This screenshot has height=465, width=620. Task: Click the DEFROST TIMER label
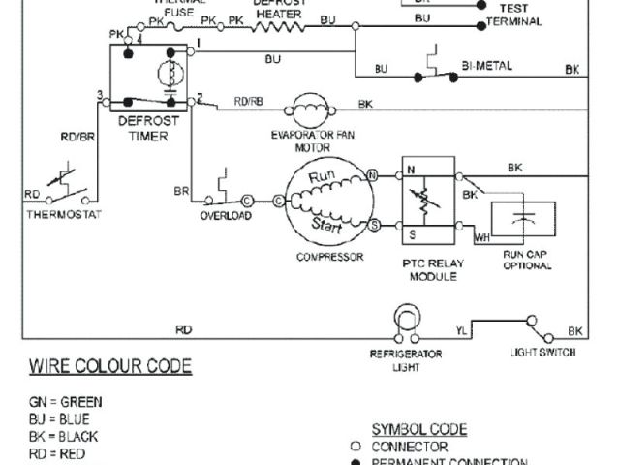pyautogui.click(x=142, y=129)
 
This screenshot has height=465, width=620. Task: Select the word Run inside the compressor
pyautogui.click(x=321, y=177)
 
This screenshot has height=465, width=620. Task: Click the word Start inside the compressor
pyautogui.click(x=325, y=224)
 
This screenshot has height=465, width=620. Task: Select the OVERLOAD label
pyautogui.click(x=226, y=216)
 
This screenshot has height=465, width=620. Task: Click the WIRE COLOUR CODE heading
pyautogui.click(x=109, y=366)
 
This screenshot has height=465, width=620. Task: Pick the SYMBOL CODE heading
pyautogui.click(x=419, y=429)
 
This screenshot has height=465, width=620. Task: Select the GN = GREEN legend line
pyautogui.click(x=66, y=401)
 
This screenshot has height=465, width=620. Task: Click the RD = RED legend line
pyautogui.click(x=58, y=453)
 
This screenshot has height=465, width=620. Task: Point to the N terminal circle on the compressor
pyautogui.click(x=373, y=175)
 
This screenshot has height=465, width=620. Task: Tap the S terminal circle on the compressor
pyautogui.click(x=373, y=225)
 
